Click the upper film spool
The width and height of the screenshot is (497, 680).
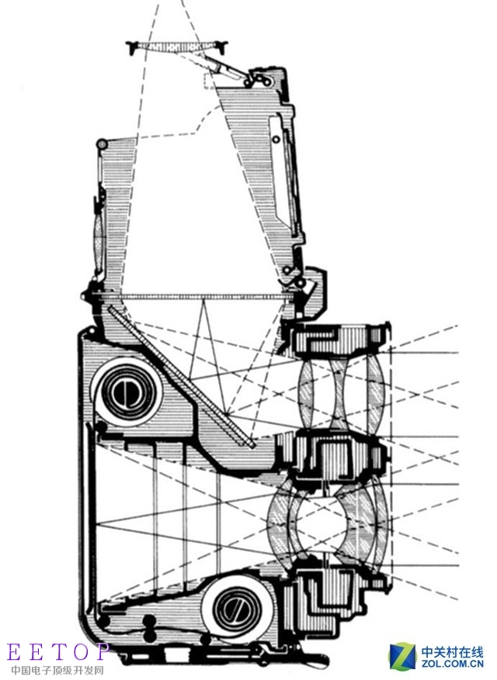[x=125, y=393]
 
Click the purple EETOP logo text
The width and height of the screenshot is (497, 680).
[x=57, y=651]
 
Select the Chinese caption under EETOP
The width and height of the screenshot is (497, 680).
[x=57, y=669]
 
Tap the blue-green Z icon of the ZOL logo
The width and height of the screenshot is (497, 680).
[x=402, y=656]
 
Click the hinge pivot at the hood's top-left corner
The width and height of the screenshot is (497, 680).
[x=101, y=145]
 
